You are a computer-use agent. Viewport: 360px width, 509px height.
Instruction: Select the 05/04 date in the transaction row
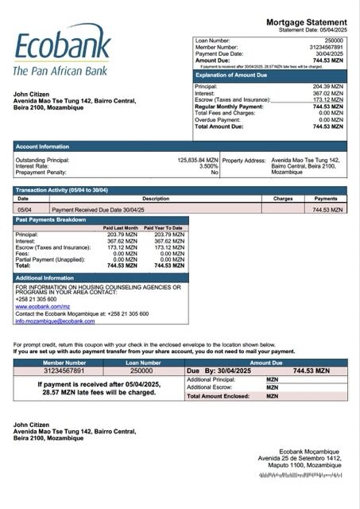pos(24,209)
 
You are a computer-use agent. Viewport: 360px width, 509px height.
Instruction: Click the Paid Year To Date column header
pos(163,227)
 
